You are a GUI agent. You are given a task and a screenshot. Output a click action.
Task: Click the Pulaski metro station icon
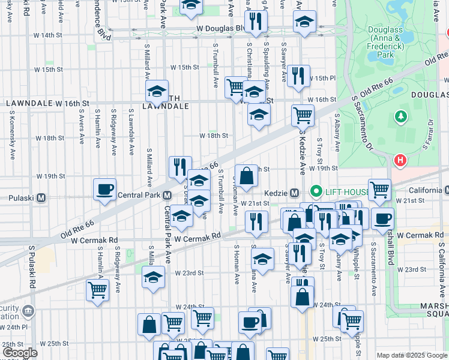41,197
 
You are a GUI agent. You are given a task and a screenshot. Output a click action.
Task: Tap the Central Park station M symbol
169,196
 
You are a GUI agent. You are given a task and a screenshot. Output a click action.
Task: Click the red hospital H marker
400,160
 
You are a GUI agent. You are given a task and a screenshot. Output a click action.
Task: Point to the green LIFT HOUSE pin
316,192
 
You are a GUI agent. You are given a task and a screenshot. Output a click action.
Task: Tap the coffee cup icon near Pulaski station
104,190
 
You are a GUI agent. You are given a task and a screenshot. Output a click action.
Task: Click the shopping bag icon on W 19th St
246,176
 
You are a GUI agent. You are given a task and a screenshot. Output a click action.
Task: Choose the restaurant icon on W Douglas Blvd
256,22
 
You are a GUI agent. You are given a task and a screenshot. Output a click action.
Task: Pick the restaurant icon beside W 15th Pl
298,76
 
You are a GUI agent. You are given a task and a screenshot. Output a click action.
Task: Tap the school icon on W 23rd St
152,277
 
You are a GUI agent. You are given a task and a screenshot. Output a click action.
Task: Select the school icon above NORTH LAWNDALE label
157,91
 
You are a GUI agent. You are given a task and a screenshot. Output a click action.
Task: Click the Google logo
19,353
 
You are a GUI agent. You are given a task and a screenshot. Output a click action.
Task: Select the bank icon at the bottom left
28,313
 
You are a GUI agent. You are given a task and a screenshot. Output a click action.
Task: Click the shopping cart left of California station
379,190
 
